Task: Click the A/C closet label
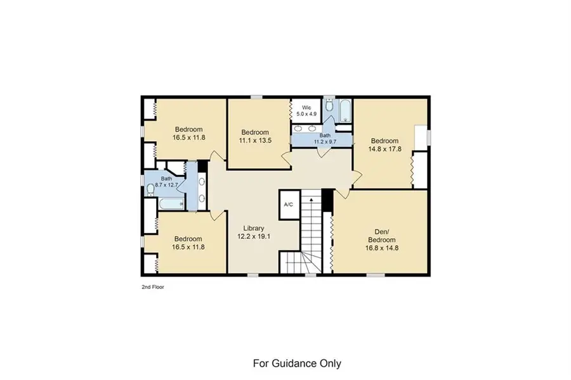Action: coord(289,205)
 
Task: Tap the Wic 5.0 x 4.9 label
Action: coord(306,111)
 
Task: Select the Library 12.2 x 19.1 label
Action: coord(254,232)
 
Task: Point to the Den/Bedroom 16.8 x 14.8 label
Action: coord(382,240)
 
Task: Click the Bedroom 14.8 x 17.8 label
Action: coord(384,145)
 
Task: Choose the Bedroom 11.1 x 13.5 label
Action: coord(255,136)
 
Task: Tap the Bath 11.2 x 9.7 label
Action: coord(325,139)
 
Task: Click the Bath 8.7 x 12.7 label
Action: coord(166,182)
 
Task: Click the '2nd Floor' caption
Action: coord(153,287)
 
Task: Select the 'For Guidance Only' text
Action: coord(297,364)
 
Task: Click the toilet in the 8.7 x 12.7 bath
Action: coord(150,189)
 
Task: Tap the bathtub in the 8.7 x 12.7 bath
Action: coord(171,204)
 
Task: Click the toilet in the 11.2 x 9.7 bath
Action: coord(329,106)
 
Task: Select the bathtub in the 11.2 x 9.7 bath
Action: coord(345,111)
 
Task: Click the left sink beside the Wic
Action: coord(298,128)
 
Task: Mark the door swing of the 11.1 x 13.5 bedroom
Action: coord(286,157)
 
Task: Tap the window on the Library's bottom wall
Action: coord(253,275)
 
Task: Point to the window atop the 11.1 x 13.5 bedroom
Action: coord(257,97)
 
